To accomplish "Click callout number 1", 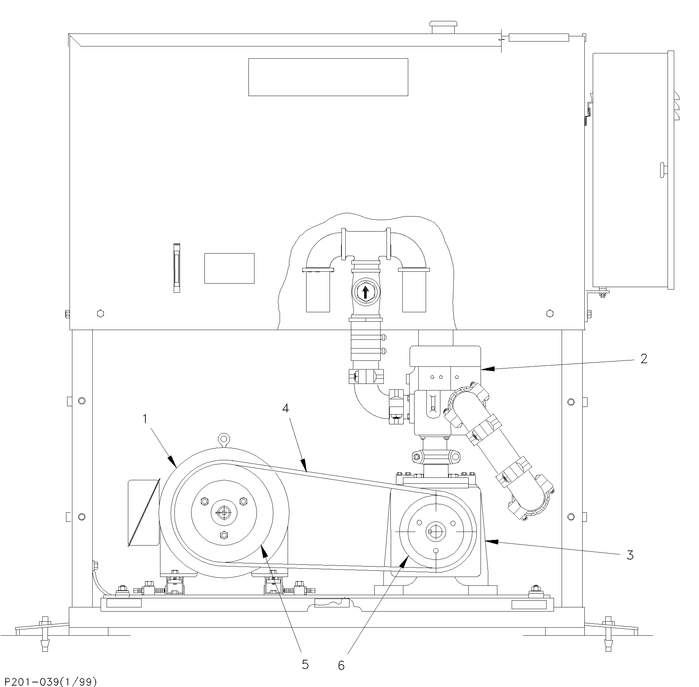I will point(145,419).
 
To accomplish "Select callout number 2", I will point(644,359).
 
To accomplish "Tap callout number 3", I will point(630,555).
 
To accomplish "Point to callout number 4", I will point(286,408).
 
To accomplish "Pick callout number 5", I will point(305,664).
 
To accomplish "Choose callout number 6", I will point(341,665).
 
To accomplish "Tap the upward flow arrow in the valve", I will point(365,292).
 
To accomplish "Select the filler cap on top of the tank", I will point(444,28).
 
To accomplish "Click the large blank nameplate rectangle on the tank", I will point(328,77).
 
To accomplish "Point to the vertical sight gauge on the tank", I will point(176,268).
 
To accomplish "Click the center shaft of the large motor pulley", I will point(224,512).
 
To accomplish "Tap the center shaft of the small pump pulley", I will point(436,531).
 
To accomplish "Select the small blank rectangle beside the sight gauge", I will point(229,269).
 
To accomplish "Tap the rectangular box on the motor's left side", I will point(144,512).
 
